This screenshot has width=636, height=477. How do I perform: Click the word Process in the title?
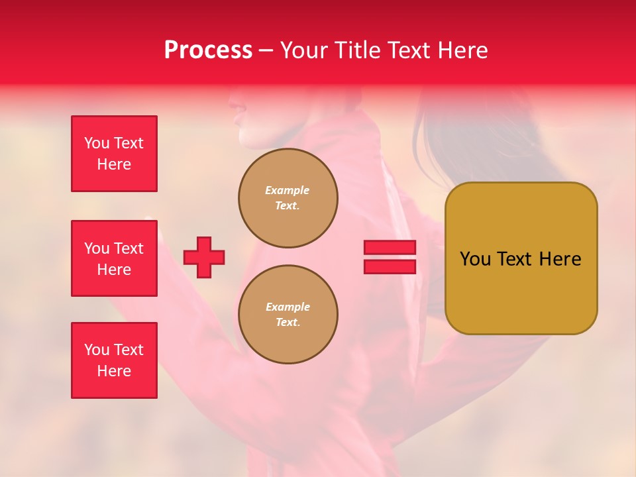click(x=208, y=50)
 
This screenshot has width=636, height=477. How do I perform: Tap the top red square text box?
click(x=114, y=154)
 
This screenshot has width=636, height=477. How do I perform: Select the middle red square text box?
click(x=114, y=258)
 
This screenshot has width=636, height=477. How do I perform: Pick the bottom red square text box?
click(x=114, y=360)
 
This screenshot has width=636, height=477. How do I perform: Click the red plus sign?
click(x=204, y=258)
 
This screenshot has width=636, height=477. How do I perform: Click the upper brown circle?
click(x=288, y=197)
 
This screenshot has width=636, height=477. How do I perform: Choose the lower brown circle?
click(x=288, y=314)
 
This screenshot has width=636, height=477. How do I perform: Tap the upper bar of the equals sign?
click(x=390, y=248)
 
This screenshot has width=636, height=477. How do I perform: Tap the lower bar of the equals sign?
click(x=390, y=267)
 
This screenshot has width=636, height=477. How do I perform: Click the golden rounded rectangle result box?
click(x=521, y=291)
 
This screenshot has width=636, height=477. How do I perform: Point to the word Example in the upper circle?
click(x=288, y=190)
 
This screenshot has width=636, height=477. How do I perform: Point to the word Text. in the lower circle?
click(x=288, y=322)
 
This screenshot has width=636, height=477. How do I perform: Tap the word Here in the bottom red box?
click(x=114, y=371)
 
